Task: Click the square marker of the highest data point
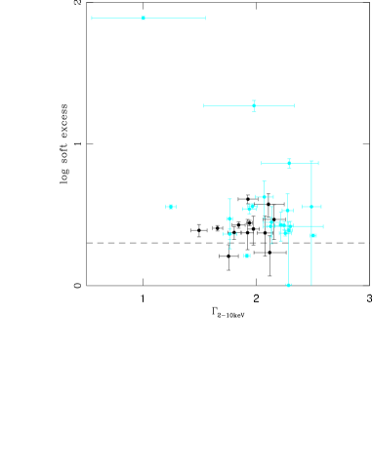click(x=143, y=18)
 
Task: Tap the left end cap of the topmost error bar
click(x=92, y=18)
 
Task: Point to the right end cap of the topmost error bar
click(x=205, y=18)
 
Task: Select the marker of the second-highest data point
click(x=254, y=105)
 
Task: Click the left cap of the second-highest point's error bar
click(x=204, y=105)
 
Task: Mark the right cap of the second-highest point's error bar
click(x=294, y=105)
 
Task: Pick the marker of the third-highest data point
click(x=289, y=163)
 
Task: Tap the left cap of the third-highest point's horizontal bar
click(x=262, y=163)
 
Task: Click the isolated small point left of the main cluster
click(x=171, y=207)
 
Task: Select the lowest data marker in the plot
click(x=288, y=285)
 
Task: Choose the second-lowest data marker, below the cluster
click(x=247, y=256)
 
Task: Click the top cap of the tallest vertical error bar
click(x=311, y=162)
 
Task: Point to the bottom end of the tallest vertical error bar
click(x=311, y=284)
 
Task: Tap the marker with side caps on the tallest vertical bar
click(x=311, y=207)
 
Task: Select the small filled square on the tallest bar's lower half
click(x=313, y=235)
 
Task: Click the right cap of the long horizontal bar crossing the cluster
click(x=323, y=226)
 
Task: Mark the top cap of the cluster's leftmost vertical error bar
click(x=229, y=200)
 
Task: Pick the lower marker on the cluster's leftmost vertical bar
click(x=229, y=234)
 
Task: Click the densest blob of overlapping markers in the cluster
click(x=286, y=229)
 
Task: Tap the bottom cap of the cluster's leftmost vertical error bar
click(x=229, y=249)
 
